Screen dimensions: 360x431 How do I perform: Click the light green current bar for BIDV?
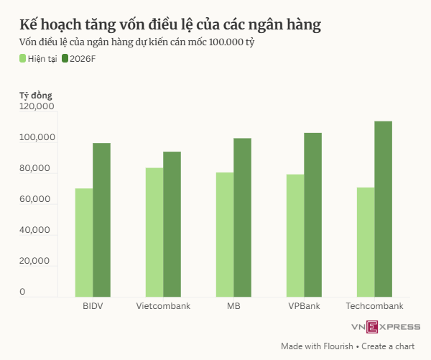[x=84, y=242]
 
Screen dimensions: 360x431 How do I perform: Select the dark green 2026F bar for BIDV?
[x=101, y=219]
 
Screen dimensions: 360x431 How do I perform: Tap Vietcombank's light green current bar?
[x=154, y=232]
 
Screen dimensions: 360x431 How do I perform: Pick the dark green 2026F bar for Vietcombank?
[x=172, y=223]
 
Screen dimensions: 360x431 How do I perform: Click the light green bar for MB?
[x=225, y=234]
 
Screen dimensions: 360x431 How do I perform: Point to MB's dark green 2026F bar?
[x=242, y=217]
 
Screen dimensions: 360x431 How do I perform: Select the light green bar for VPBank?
[x=295, y=235]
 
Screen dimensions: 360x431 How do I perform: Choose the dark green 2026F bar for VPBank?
[x=312, y=214]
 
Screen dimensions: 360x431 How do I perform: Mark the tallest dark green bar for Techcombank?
[x=383, y=208]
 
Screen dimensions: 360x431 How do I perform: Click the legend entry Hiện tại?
[x=40, y=58]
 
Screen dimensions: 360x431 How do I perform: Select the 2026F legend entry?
[x=79, y=58]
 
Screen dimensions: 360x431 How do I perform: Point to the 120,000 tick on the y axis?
[x=37, y=106]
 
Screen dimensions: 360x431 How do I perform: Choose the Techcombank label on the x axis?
[x=374, y=306]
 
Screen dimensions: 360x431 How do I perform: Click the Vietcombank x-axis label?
[x=163, y=306]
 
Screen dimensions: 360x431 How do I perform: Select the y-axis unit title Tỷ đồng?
[x=36, y=94]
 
